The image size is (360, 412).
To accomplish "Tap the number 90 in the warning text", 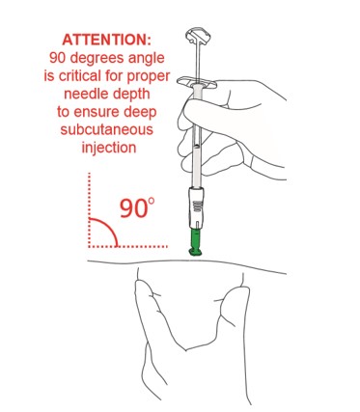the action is (58, 58).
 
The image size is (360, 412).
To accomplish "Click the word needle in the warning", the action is (85, 94).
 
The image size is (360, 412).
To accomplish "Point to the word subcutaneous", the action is (106, 129).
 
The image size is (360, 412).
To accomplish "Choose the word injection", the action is (109, 148).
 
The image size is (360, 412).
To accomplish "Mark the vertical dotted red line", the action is (89, 209).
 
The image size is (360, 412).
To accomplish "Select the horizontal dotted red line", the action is (128, 246).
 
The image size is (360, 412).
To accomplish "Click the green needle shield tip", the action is (195, 242).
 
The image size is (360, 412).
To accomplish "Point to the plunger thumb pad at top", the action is (198, 35).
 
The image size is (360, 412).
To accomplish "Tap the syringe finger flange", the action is (197, 82).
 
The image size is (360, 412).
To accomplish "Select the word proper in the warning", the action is (149, 77).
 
